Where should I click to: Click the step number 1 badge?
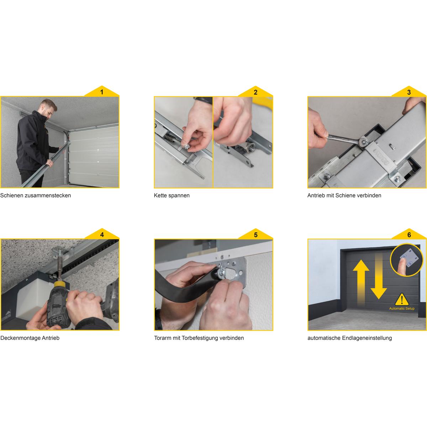click(x=102, y=92)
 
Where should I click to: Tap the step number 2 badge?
click(x=255, y=92)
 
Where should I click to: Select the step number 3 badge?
click(x=409, y=92)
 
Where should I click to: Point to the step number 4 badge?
click(x=102, y=234)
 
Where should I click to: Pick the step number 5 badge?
click(x=255, y=234)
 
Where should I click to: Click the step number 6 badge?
click(x=409, y=234)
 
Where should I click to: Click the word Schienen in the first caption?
click(x=10, y=195)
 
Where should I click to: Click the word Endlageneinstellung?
click(x=367, y=338)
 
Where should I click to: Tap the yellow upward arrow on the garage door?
click(x=361, y=283)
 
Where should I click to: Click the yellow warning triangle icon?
click(x=402, y=299)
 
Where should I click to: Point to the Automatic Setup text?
click(x=402, y=309)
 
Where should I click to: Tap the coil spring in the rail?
click(x=170, y=138)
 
